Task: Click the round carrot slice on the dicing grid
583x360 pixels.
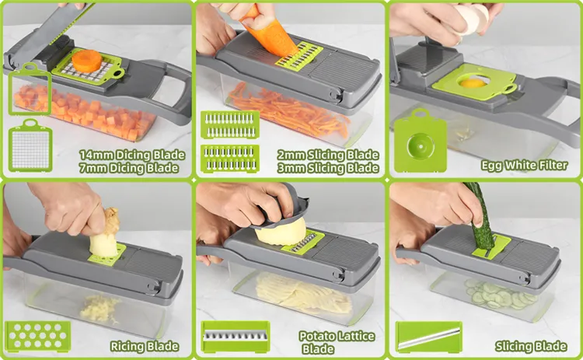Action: (x=86, y=61)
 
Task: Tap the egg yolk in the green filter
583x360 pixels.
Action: (x=473, y=82)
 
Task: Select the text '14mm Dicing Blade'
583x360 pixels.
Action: (x=132, y=155)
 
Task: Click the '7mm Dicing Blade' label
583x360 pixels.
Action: (x=128, y=168)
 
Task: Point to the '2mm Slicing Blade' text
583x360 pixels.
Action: (x=328, y=155)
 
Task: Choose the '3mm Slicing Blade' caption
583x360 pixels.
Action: (x=328, y=168)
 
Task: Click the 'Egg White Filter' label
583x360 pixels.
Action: (x=524, y=165)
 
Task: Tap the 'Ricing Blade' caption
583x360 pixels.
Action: (x=145, y=346)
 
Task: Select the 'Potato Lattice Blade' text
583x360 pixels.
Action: (x=337, y=342)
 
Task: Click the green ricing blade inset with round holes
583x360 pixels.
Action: (x=37, y=336)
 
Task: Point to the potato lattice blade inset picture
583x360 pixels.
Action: (x=236, y=337)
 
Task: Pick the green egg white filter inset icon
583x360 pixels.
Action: (x=420, y=141)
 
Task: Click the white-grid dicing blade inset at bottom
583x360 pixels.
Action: (x=30, y=145)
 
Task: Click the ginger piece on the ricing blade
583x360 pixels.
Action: (x=105, y=234)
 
